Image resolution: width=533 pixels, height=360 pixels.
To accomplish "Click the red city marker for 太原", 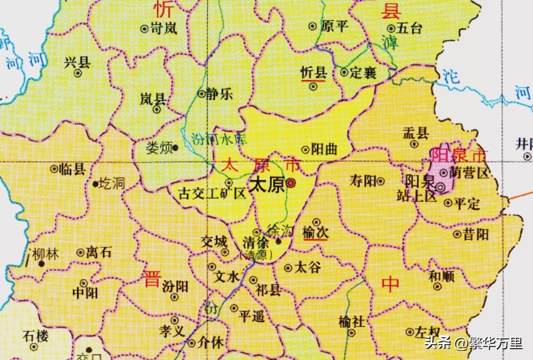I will (291, 183).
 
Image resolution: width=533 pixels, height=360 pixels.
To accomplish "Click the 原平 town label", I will (335, 26).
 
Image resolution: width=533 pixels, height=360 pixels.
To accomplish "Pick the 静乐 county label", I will (220, 94).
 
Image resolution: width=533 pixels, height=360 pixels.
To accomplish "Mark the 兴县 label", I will (77, 62).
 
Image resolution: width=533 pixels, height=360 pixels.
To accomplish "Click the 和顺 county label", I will (441, 277).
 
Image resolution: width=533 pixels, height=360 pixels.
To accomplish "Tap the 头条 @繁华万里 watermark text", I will (473, 343).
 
